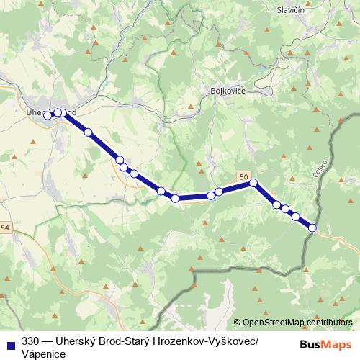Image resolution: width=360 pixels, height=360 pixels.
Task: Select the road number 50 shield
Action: click(x=246, y=177)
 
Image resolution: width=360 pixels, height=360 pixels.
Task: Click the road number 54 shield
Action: click(x=6, y=228)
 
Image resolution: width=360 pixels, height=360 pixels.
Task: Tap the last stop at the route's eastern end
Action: click(x=312, y=228)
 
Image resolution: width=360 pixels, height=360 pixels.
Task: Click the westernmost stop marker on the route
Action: click(x=48, y=115)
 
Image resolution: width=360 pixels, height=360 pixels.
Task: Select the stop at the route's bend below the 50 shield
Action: click(x=253, y=183)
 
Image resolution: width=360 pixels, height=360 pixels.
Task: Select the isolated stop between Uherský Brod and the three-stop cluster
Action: click(x=88, y=132)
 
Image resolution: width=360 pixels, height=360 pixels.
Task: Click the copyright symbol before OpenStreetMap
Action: click(x=238, y=323)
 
